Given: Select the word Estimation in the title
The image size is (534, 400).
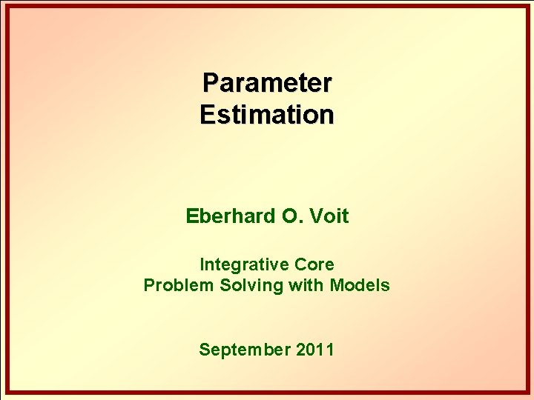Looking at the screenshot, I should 267,115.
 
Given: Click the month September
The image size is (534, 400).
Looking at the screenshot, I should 244,350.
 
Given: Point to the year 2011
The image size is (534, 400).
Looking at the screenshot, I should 315,350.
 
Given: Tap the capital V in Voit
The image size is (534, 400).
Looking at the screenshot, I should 311,216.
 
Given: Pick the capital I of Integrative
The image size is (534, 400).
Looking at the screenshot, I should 202,264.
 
